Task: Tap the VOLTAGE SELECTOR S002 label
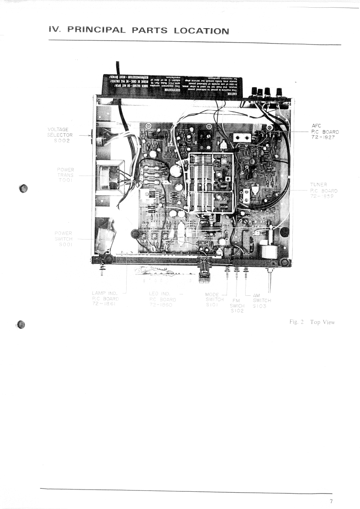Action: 60,135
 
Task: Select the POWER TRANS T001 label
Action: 65,174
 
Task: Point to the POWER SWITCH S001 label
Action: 63,239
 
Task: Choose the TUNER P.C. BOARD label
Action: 324,191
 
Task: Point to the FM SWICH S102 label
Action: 237,305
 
